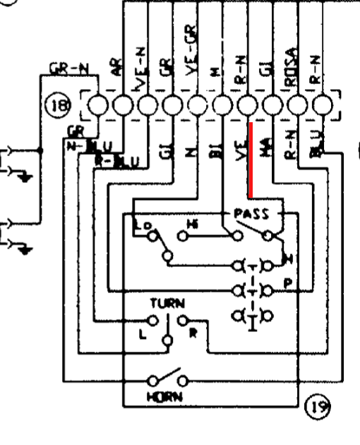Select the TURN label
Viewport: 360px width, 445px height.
(167, 303)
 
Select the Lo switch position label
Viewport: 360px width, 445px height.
(140, 225)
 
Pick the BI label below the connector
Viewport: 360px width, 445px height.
(217, 153)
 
